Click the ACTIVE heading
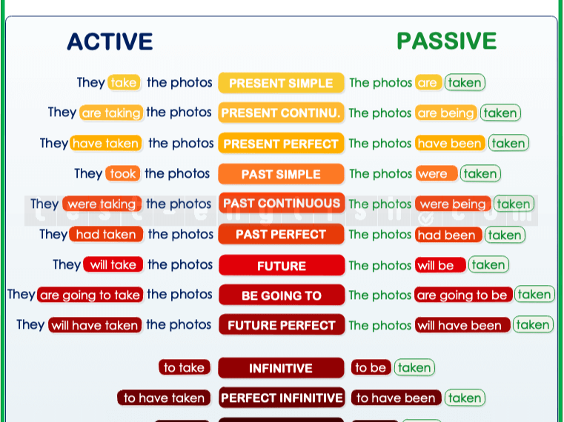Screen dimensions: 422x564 (110, 41)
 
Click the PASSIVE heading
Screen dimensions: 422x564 (446, 41)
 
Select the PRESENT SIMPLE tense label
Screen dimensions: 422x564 (281, 84)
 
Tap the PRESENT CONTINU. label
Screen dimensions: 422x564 (281, 113)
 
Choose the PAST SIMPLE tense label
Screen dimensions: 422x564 (281, 175)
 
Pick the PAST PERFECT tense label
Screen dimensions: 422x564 (281, 235)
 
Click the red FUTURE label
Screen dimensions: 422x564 (281, 266)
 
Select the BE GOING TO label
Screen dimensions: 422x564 (281, 295)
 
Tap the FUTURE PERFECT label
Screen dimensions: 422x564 (281, 325)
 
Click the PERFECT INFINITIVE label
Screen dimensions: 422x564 (281, 398)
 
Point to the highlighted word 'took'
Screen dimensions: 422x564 (122, 174)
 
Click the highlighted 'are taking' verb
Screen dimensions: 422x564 (111, 113)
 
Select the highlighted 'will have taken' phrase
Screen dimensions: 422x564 (94, 325)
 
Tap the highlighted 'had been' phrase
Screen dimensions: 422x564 (448, 235)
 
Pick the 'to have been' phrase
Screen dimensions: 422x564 (396, 398)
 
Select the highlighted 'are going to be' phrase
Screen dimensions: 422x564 (462, 295)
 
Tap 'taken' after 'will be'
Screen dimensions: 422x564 (488, 265)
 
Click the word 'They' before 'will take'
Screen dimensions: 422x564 (67, 265)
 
